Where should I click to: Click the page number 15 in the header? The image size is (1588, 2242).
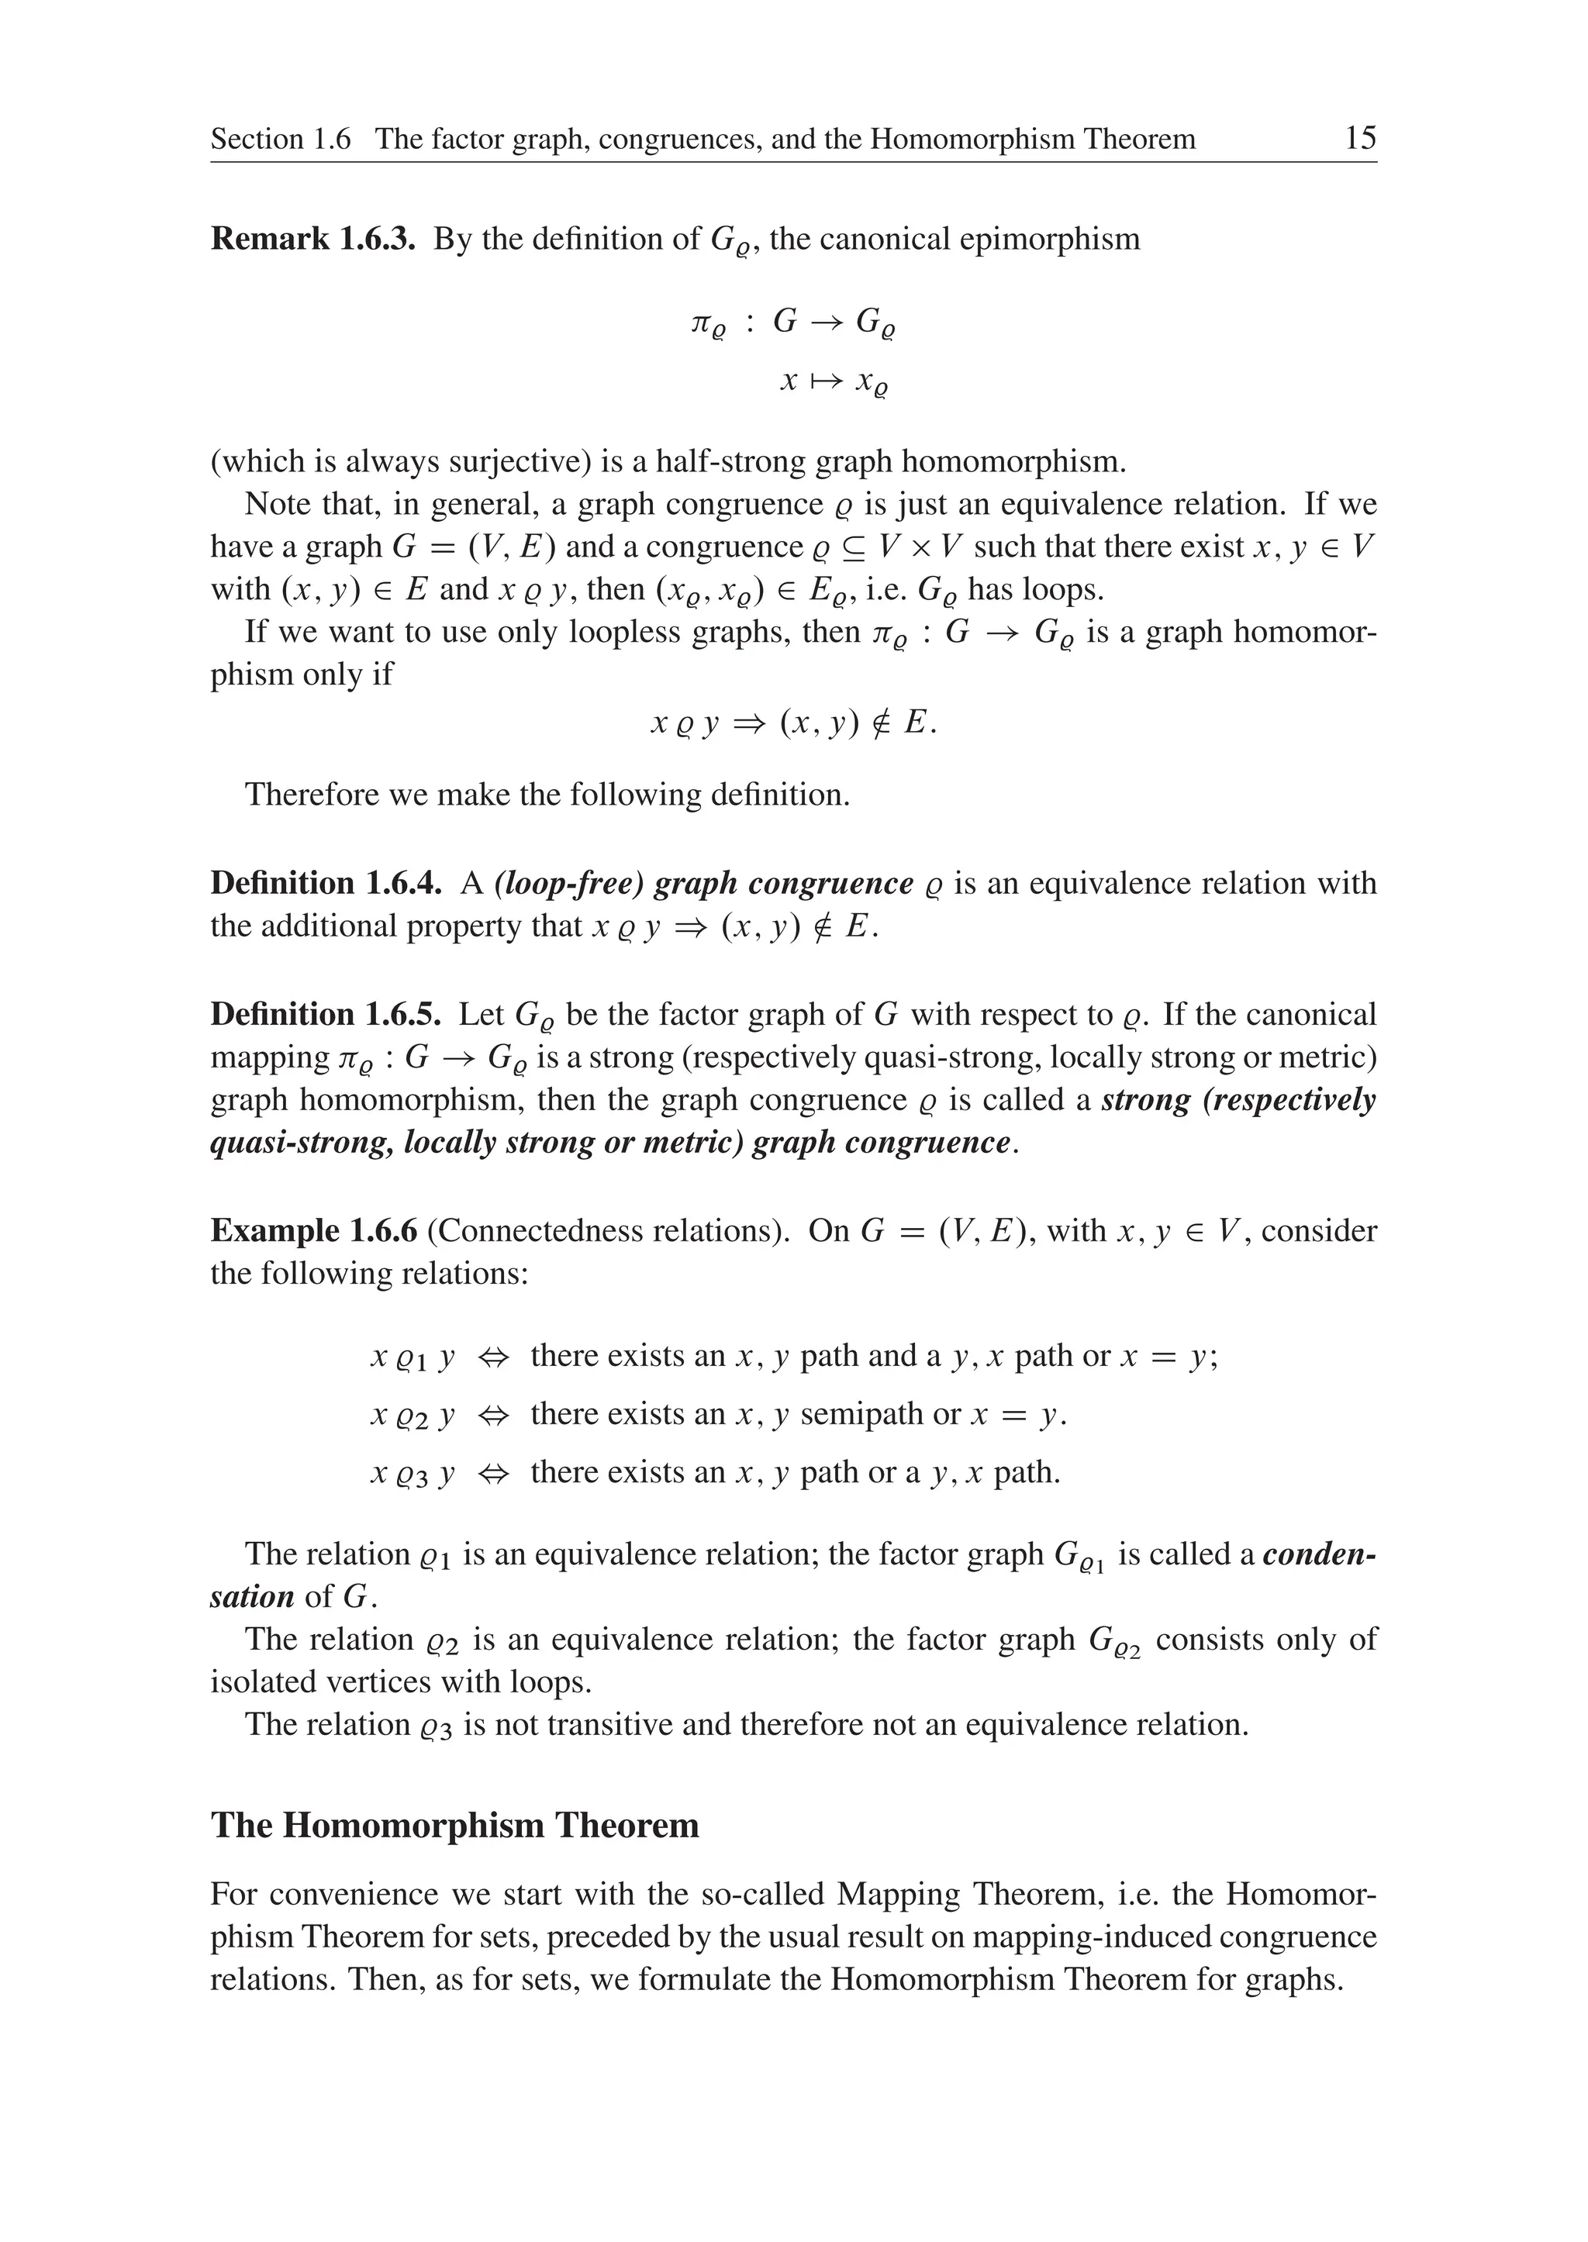coord(1359,138)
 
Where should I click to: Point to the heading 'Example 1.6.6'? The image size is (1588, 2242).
coord(313,1230)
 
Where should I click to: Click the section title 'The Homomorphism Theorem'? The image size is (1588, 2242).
coord(454,1826)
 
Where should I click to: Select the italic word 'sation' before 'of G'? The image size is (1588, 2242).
coord(251,1597)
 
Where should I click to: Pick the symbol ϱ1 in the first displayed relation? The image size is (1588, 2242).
coord(411,1359)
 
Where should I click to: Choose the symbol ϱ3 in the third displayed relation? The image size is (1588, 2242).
coord(411,1475)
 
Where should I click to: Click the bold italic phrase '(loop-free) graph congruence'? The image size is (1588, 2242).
coord(703,883)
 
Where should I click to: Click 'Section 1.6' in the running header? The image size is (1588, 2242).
coord(280,139)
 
